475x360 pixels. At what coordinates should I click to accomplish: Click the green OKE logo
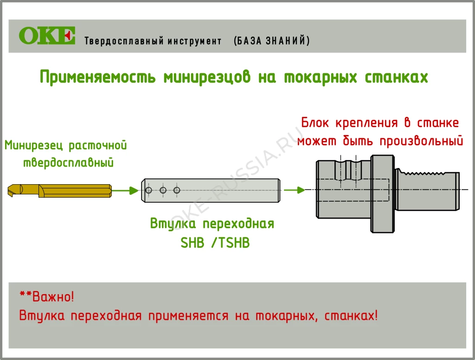click(47, 36)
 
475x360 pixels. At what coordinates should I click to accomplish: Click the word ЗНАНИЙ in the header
click(288, 41)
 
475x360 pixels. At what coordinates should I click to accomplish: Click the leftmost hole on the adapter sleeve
click(148, 190)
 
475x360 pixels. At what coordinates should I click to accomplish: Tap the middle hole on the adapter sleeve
click(163, 190)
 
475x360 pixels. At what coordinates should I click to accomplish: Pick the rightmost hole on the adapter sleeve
click(176, 190)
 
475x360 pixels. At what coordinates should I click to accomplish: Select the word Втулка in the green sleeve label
click(171, 224)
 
